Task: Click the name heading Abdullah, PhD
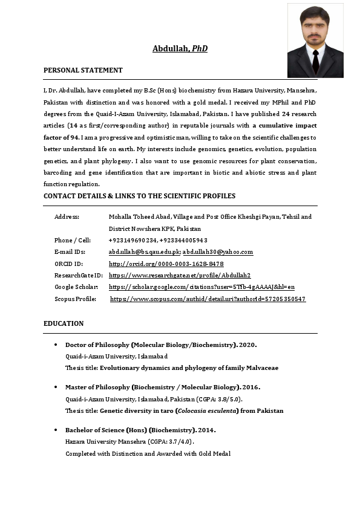point(180,48)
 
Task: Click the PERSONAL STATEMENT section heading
point(83,71)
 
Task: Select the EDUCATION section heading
point(64,324)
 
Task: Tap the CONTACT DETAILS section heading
point(139,196)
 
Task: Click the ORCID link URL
point(166,264)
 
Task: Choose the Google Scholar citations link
point(201,287)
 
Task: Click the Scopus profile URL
point(208,299)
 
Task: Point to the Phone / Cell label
point(72,241)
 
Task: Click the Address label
point(67,216)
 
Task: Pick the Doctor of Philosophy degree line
point(161,345)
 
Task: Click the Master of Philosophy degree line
point(162,387)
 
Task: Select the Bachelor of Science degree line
point(140,430)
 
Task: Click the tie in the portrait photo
point(315,61)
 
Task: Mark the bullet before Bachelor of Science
point(56,430)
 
